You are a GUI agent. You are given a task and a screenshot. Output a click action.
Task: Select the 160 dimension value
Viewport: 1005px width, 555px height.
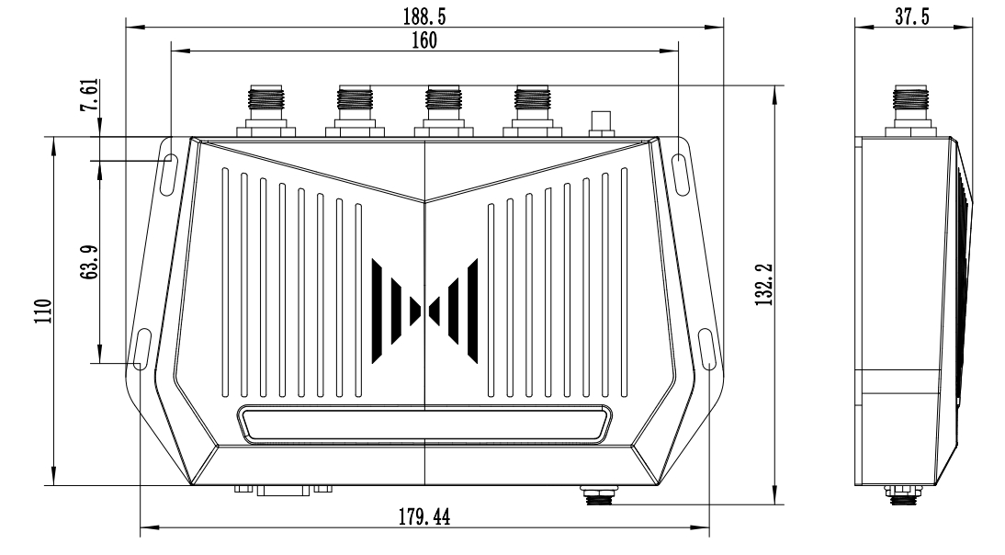pos(423,40)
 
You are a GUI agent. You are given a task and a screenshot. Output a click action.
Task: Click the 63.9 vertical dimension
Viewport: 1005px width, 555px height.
pos(90,264)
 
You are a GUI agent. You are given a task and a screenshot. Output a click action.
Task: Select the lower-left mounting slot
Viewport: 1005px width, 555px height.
pos(142,350)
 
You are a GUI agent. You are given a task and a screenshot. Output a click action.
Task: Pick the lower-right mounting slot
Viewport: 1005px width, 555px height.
pos(706,350)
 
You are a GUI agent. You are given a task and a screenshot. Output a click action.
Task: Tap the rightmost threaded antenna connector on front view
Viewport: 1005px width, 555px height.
pos(531,110)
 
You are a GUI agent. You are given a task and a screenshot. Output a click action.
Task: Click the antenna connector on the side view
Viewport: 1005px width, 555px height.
pos(909,110)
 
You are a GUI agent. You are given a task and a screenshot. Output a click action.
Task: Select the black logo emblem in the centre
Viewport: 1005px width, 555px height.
pos(424,311)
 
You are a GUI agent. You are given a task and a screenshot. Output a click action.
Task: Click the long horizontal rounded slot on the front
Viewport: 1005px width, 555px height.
pos(424,425)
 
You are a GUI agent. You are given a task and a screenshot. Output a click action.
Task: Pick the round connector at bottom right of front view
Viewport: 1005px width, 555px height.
pos(601,497)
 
